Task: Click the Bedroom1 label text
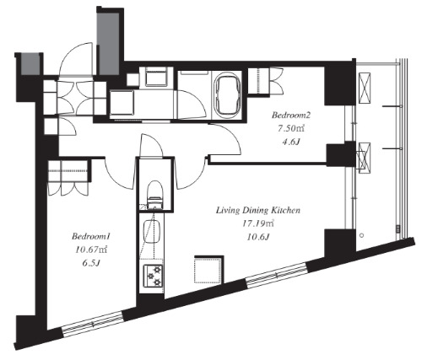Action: (x=90, y=236)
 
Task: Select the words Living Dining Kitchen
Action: (x=258, y=210)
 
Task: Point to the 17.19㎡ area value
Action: (x=258, y=223)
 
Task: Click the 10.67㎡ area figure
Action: (x=90, y=250)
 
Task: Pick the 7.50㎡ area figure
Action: (x=291, y=129)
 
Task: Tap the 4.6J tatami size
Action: (x=291, y=142)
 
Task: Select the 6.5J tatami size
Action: (x=90, y=263)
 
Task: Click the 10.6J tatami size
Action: (x=258, y=237)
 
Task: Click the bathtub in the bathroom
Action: (x=228, y=94)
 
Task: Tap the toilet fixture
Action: (x=155, y=195)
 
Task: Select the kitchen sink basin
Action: (x=151, y=231)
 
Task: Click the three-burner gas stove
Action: (x=153, y=276)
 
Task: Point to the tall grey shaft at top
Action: (x=107, y=43)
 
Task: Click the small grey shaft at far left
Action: (x=30, y=66)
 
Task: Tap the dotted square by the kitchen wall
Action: (x=208, y=271)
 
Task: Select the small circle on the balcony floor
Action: (x=362, y=235)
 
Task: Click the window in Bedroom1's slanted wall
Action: (x=92, y=324)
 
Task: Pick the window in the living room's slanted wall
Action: (x=277, y=276)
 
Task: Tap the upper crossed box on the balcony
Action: (x=365, y=89)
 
